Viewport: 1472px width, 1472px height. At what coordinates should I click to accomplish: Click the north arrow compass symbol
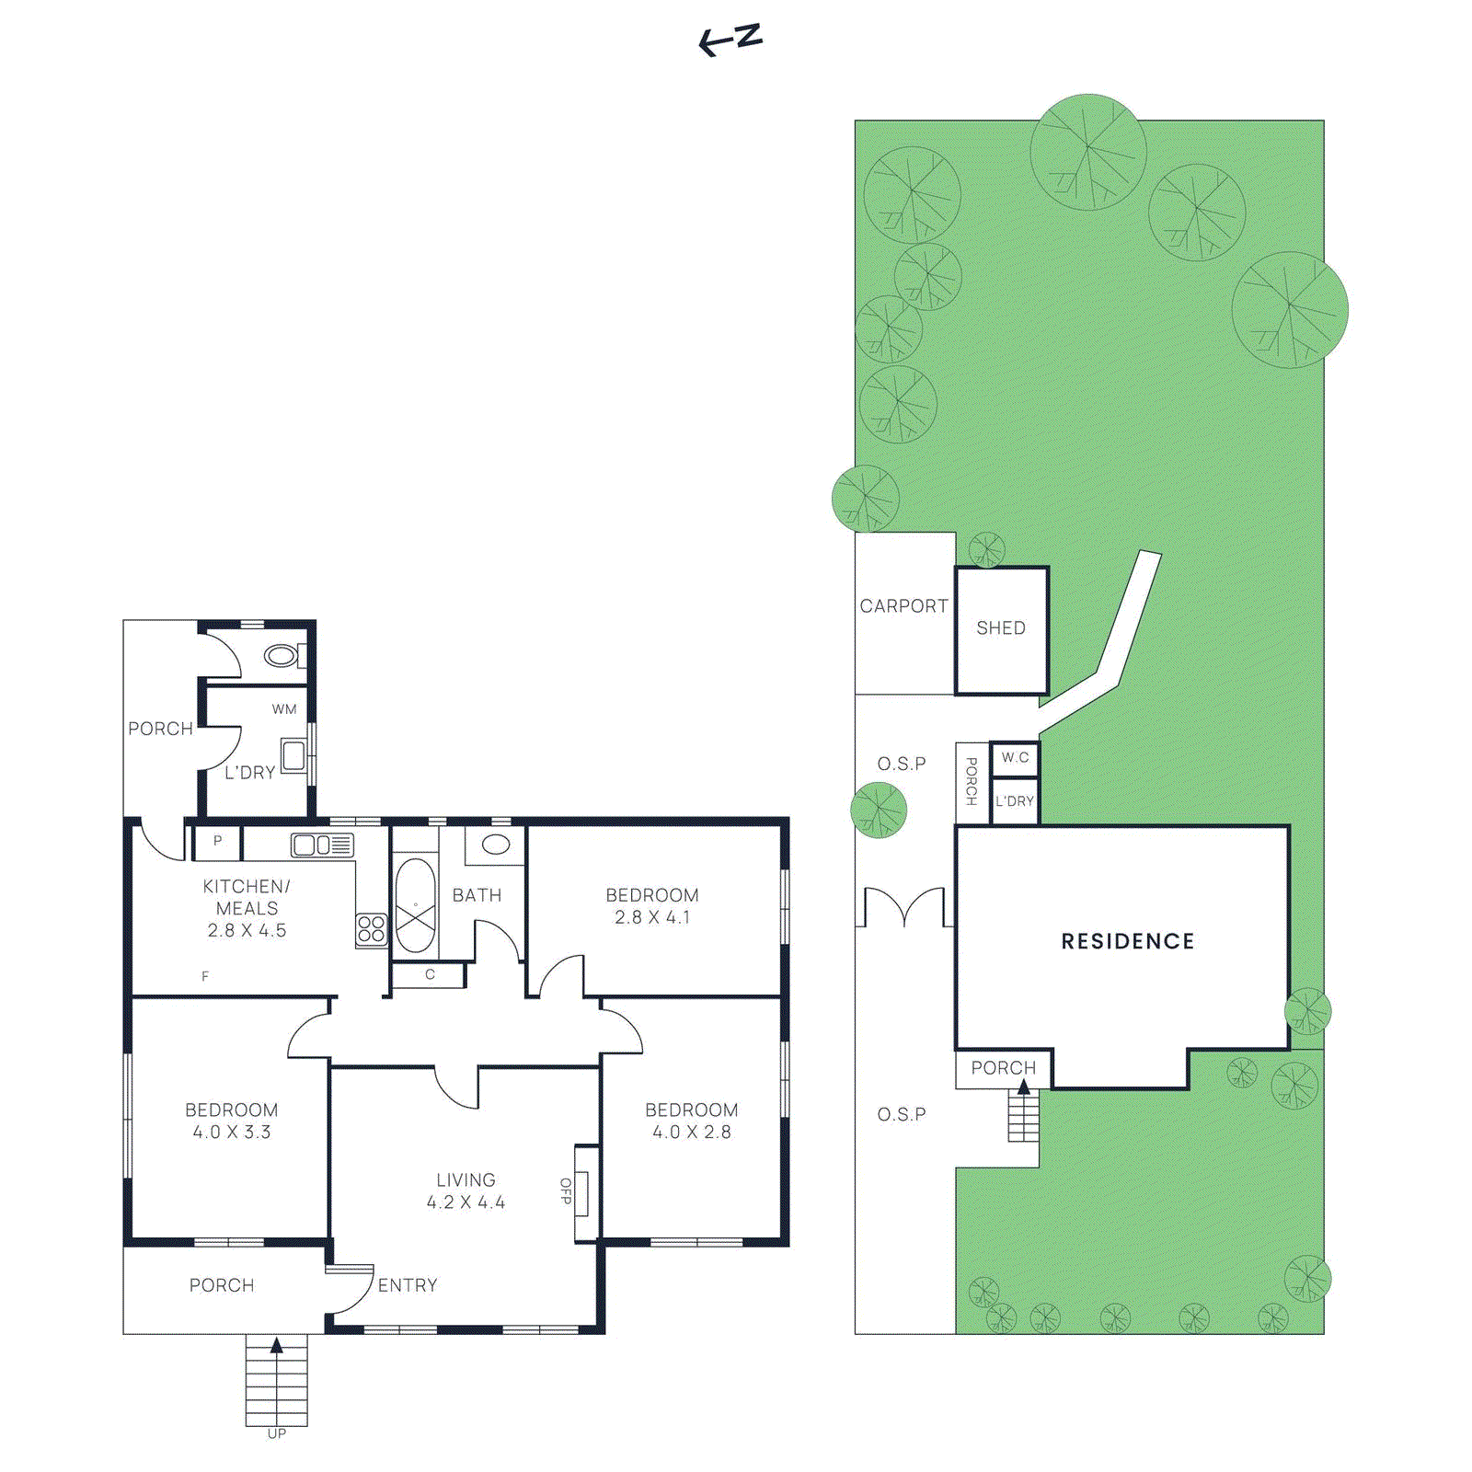point(730,40)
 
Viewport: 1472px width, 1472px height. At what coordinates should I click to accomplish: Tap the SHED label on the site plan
point(1000,628)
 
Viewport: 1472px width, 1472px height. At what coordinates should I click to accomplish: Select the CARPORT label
point(903,606)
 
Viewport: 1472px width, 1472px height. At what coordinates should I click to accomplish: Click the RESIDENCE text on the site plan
point(1127,941)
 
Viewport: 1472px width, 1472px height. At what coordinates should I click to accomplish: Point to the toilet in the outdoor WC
point(282,655)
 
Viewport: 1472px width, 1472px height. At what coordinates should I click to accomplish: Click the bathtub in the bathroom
point(415,906)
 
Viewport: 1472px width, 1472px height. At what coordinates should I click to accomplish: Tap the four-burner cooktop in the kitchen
point(372,928)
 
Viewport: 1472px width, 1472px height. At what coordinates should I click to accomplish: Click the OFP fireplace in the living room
point(582,1192)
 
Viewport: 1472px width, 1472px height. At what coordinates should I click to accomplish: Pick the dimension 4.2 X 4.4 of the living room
point(466,1202)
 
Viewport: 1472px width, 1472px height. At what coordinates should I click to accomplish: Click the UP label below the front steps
point(276,1433)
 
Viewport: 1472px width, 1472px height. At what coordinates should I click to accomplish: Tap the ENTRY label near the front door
point(408,1285)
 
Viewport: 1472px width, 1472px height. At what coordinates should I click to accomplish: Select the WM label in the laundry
point(284,709)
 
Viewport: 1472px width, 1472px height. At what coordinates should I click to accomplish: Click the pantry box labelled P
point(217,842)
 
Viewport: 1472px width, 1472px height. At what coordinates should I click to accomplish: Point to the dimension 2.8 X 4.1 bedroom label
point(652,917)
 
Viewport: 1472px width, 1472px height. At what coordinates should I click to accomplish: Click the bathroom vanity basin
point(496,844)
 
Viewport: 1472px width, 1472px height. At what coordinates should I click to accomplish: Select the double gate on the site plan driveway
point(905,906)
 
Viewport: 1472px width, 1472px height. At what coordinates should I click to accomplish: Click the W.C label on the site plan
point(1015,758)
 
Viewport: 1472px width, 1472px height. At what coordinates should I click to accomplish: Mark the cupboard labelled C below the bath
point(429,974)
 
